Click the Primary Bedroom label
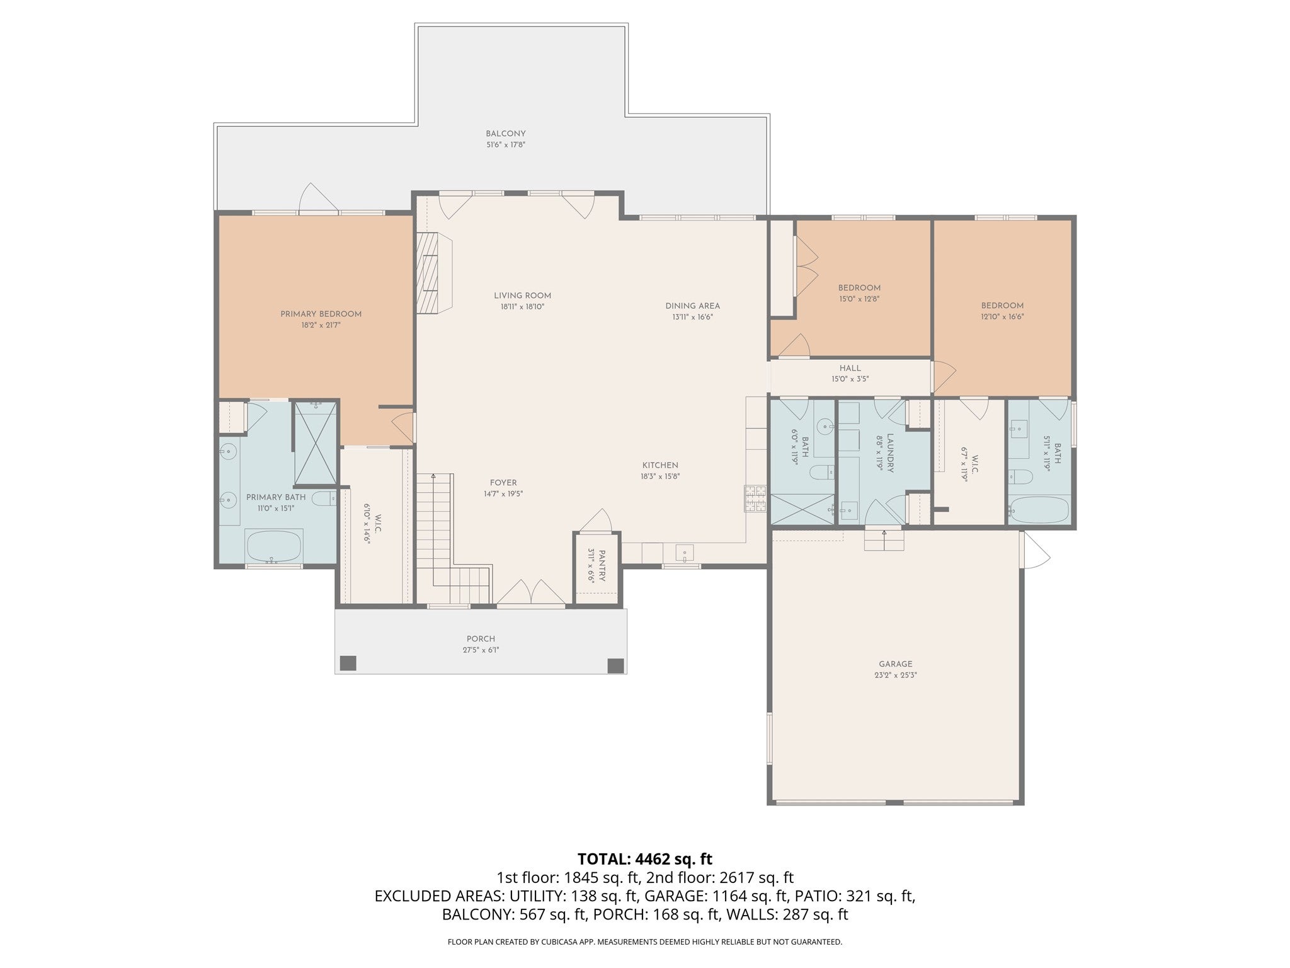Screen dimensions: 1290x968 pos(321,314)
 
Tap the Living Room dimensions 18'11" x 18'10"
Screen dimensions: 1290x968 pos(522,307)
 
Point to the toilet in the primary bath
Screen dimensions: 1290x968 pos(326,500)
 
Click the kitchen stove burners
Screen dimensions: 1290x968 pos(755,498)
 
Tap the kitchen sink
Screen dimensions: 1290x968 pos(684,553)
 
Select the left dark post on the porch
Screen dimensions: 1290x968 pos(348,663)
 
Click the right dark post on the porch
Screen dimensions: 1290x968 pos(615,665)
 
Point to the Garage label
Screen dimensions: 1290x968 pos(896,664)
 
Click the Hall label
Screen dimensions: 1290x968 pos(850,368)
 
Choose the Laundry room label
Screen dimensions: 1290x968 pos(891,452)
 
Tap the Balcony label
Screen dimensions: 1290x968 pos(505,134)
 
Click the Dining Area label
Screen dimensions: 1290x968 pos(692,306)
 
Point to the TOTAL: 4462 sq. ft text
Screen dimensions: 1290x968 pos(645,858)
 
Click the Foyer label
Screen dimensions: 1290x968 pos(503,483)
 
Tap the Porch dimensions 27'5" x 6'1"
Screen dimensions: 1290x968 pos(481,650)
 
